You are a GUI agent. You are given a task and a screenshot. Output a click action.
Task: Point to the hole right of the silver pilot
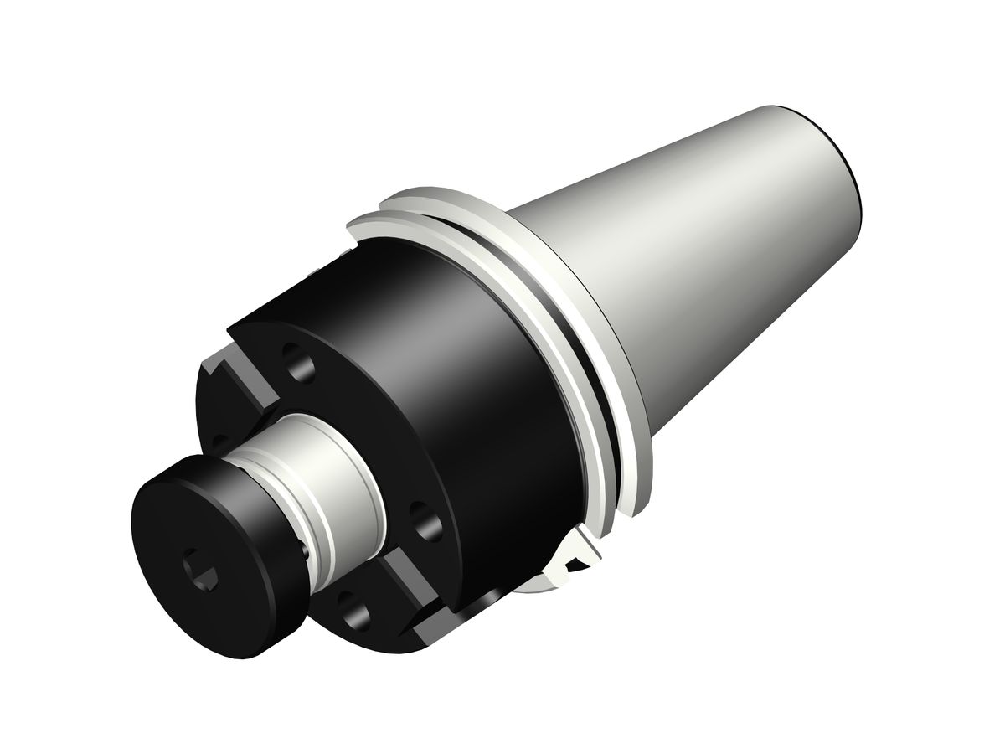(x=425, y=521)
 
